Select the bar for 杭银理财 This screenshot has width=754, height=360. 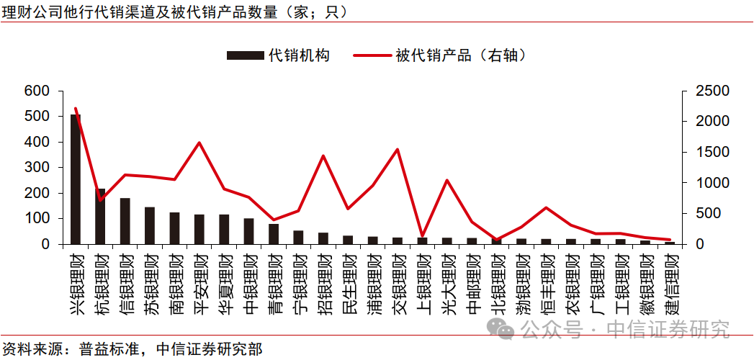click(x=100, y=216)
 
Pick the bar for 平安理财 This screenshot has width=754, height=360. click(x=199, y=229)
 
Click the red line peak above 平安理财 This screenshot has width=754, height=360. click(x=199, y=143)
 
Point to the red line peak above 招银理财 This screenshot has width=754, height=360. click(x=323, y=156)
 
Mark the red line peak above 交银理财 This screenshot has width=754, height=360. click(x=398, y=150)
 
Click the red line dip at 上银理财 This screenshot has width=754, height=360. click(x=423, y=235)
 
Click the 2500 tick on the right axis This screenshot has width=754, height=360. click(x=712, y=91)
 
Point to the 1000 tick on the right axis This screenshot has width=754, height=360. click(x=712, y=183)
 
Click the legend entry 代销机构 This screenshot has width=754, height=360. click(x=278, y=55)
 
